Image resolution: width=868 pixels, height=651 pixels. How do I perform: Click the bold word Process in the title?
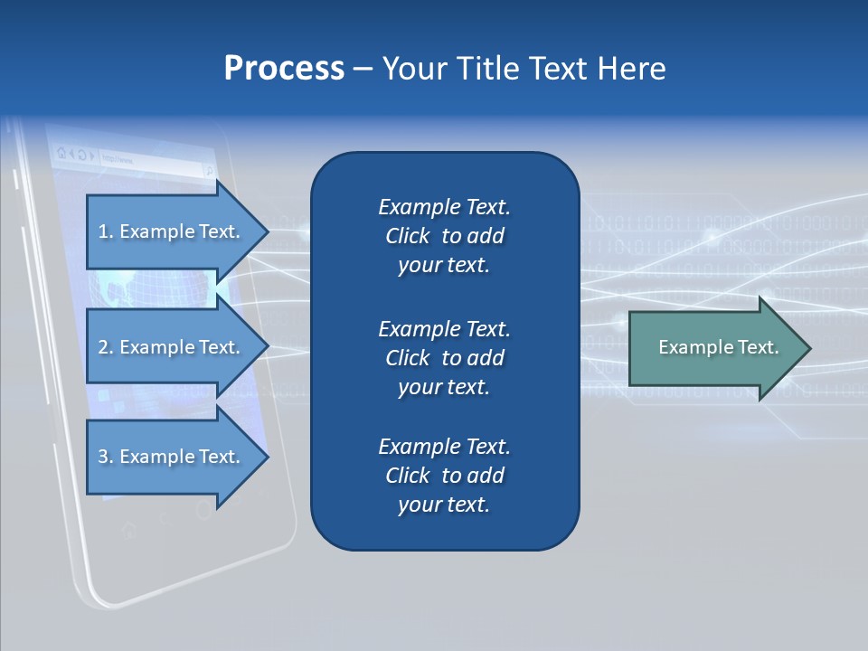click(284, 69)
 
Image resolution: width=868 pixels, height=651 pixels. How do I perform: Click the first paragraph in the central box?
click(444, 236)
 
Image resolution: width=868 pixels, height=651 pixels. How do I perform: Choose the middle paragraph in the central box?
click(444, 358)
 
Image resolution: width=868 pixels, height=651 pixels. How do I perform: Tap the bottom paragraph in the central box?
click(444, 476)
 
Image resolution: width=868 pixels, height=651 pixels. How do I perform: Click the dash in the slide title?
click(363, 69)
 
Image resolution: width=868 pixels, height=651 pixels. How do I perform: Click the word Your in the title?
click(412, 69)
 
